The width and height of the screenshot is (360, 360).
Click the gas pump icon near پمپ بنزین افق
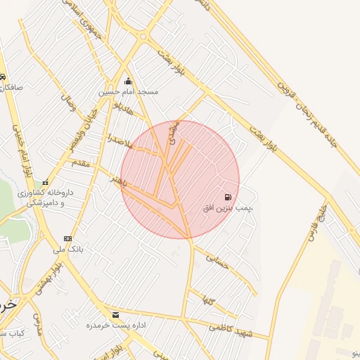pos(227,197)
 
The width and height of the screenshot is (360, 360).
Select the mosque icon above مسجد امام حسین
pos(128,82)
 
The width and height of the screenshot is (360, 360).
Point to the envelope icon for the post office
pos(115,314)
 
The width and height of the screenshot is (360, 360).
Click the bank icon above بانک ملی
pos(67,238)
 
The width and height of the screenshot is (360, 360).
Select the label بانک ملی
pos(67,249)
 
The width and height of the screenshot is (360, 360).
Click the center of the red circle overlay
pos(180,179)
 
